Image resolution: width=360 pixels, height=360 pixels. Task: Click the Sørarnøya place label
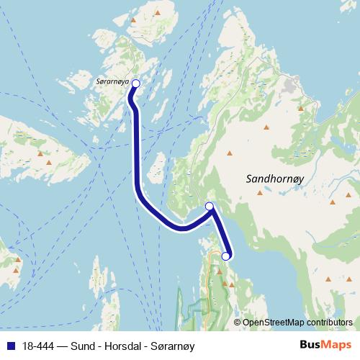click(112, 83)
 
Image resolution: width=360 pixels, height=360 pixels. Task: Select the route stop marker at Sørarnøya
click(135, 84)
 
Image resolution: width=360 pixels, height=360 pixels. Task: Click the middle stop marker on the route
click(210, 207)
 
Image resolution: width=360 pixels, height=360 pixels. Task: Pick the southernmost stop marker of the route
click(225, 256)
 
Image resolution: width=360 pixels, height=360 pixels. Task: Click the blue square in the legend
click(10, 346)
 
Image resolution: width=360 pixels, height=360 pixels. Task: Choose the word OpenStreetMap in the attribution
click(273, 323)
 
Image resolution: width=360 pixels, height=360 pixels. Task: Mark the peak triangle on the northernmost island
click(157, 12)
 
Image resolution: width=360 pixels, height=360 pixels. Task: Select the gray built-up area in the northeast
click(292, 86)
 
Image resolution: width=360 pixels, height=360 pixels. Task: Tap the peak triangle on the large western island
click(50, 163)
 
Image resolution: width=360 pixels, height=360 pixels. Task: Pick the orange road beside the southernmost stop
click(212, 263)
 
